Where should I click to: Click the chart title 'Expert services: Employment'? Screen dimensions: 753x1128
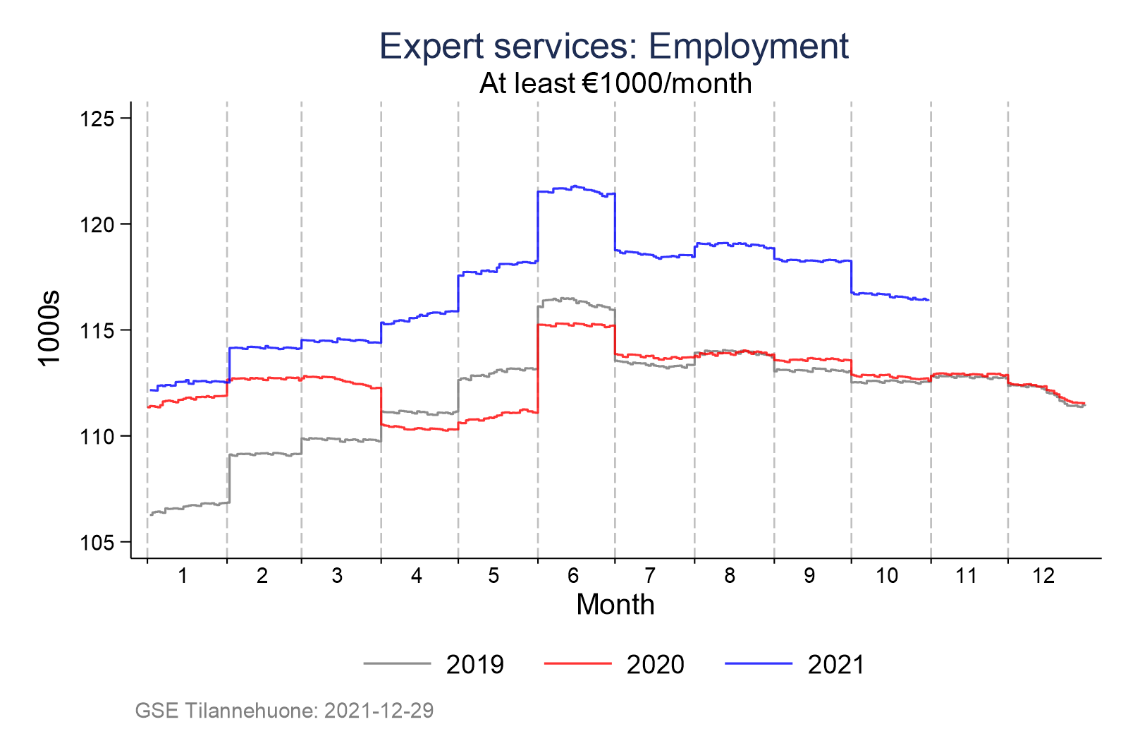(614, 47)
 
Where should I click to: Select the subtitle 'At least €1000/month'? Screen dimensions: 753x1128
(615, 83)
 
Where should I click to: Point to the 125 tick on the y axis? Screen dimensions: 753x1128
(97, 119)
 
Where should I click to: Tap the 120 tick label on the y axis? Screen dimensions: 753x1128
(97, 224)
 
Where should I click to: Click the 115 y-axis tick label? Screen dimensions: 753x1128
(97, 330)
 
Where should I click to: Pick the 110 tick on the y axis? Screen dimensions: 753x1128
(97, 436)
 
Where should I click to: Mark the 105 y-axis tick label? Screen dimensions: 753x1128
(97, 542)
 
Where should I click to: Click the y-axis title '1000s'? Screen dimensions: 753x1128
(50, 329)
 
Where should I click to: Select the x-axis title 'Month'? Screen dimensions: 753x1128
(615, 605)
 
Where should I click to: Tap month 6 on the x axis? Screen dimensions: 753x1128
(572, 576)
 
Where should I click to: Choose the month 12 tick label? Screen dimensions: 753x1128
(1043, 576)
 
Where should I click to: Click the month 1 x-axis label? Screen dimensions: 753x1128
(183, 576)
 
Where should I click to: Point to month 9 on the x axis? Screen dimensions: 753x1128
(809, 576)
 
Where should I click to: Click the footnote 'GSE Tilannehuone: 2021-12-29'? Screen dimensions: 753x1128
(284, 710)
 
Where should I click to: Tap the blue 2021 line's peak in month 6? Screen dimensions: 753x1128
(575, 186)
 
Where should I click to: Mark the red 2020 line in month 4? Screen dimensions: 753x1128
(419, 428)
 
